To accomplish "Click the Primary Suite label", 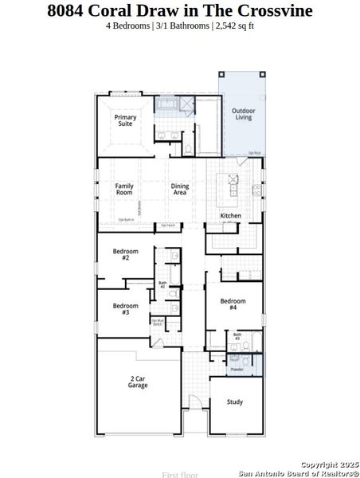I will pos(126,121).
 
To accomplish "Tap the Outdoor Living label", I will pos(243,114).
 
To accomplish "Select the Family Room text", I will pos(124,189).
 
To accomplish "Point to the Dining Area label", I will pos(180,189).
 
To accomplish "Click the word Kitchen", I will pos(231,216).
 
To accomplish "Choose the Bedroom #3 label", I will pos(125,309).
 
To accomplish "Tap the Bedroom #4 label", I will pos(233,304).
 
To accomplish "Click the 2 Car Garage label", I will pos(139,382).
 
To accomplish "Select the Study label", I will pos(234,402).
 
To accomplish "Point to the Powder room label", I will pos(237,370).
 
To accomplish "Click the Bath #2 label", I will pos(162,284).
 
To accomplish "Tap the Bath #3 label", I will pos(237,336).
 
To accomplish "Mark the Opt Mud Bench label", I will pos(157,323).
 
